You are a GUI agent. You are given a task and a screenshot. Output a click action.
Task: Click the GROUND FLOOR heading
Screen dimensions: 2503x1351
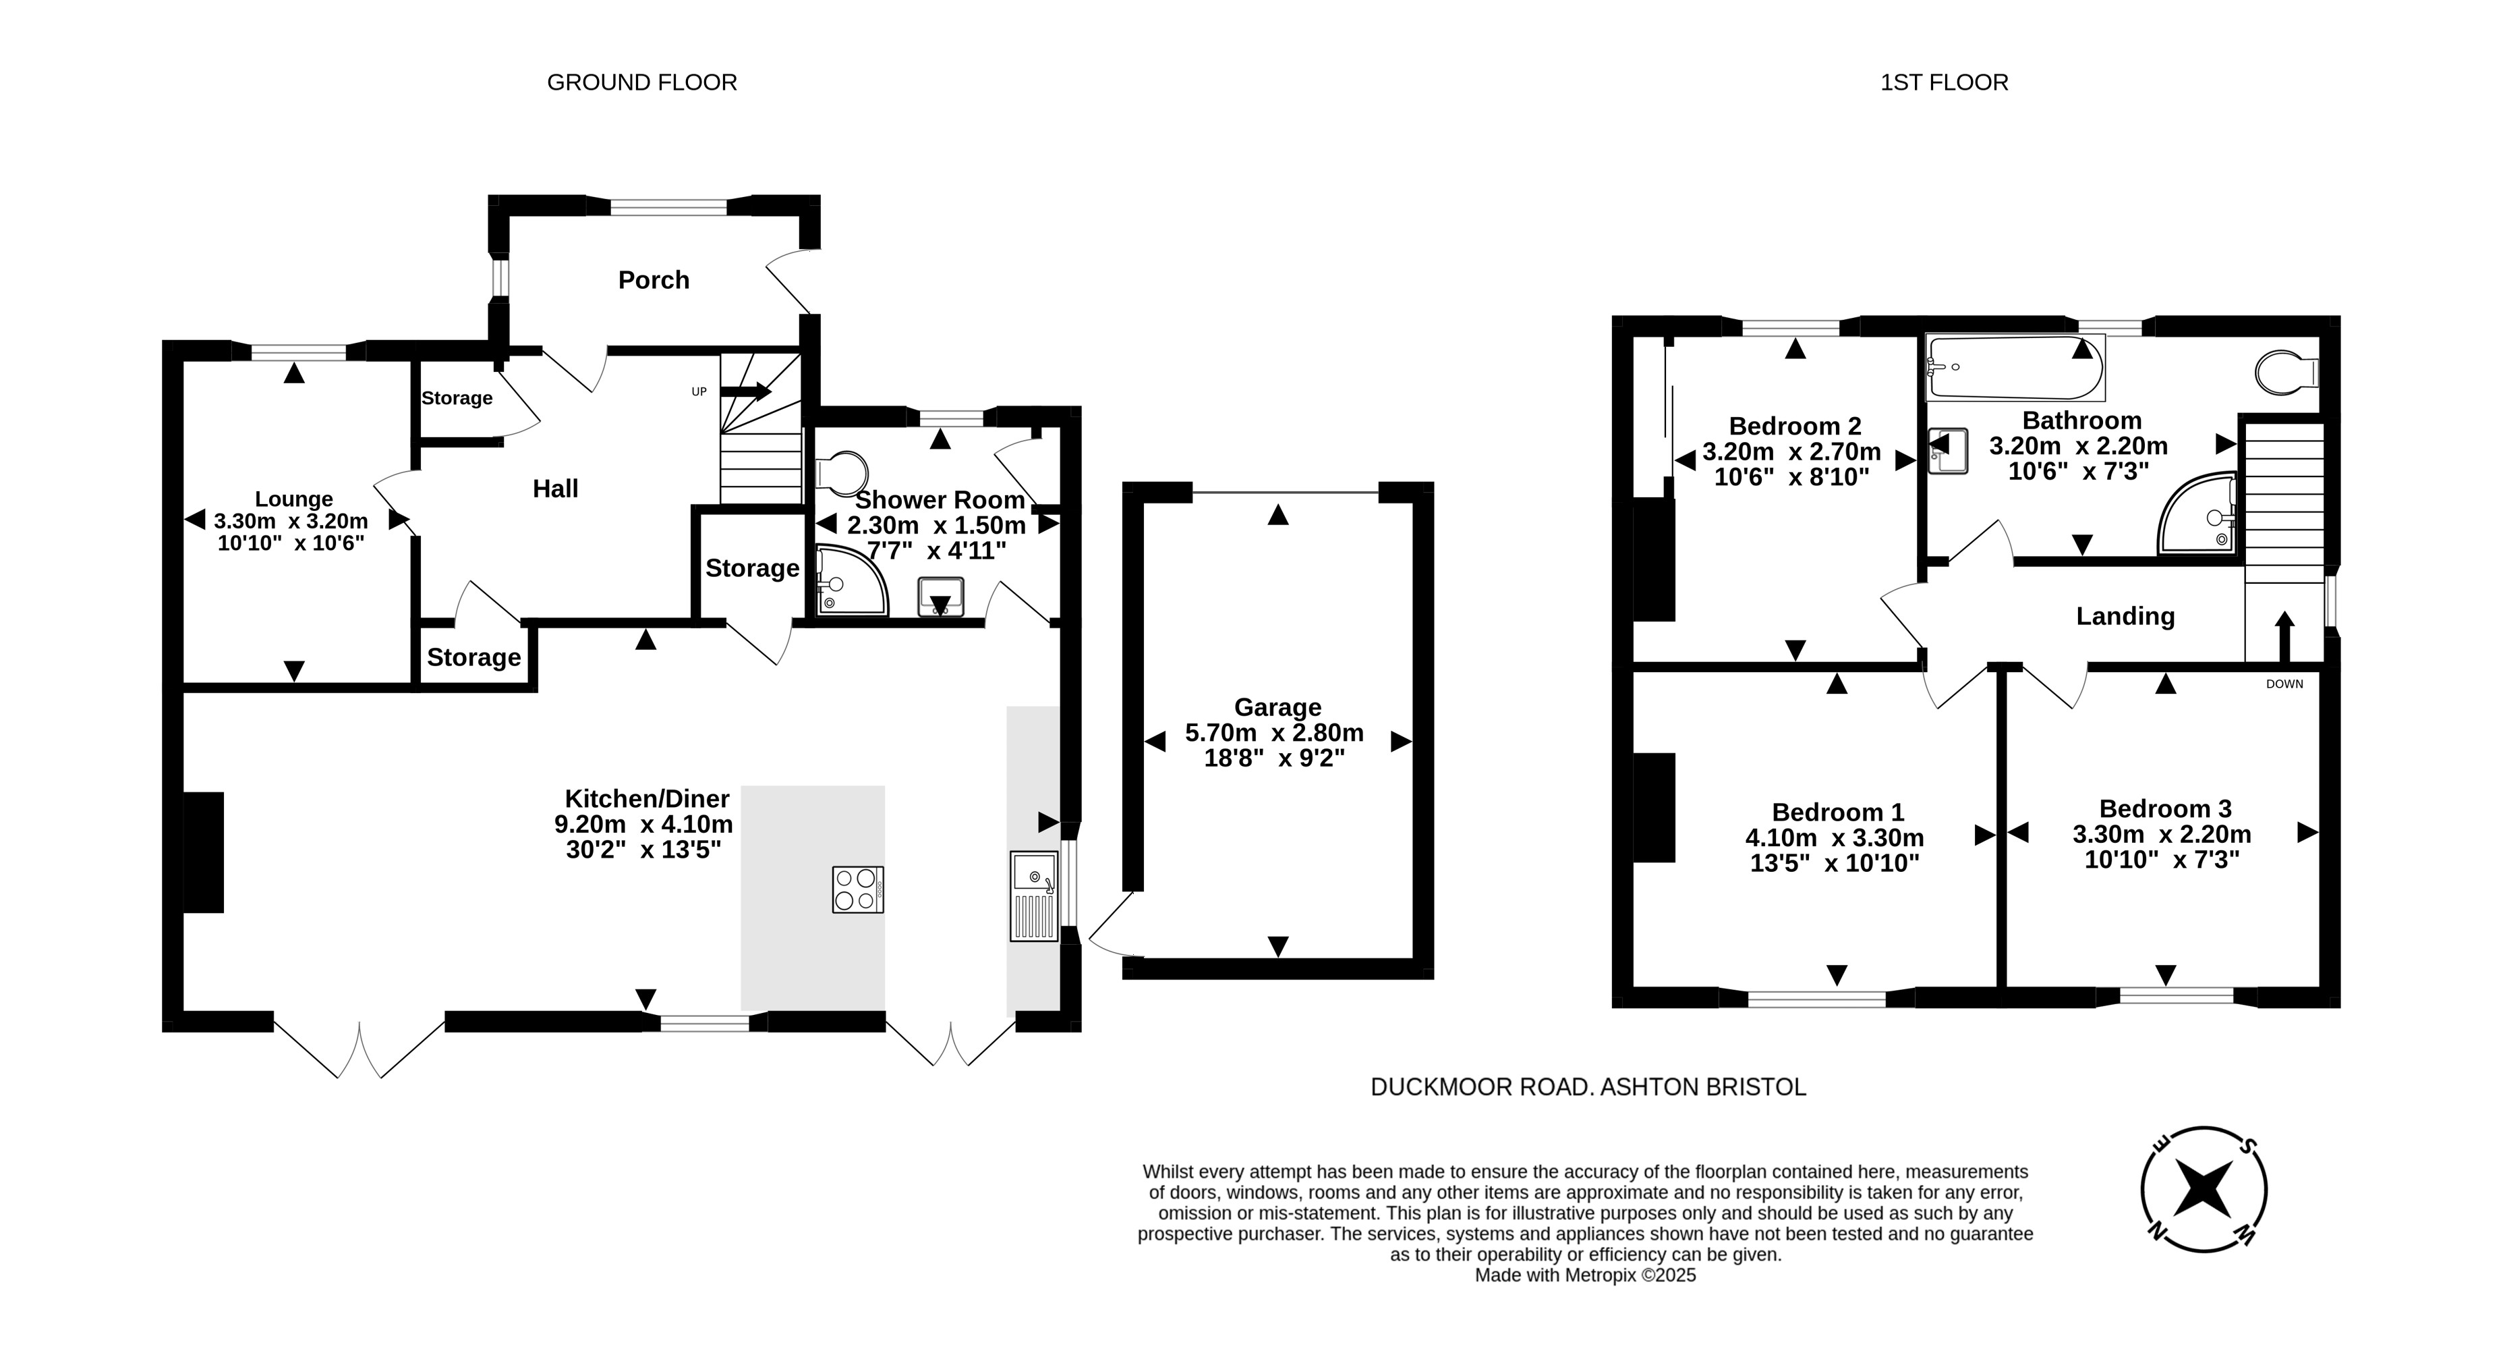tap(641, 82)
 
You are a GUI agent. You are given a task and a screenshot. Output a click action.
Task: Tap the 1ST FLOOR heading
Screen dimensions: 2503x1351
tap(1945, 82)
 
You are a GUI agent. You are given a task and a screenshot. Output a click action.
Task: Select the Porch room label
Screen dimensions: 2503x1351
tap(654, 280)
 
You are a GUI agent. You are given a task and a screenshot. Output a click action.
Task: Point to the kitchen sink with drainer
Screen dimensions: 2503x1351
tap(1034, 896)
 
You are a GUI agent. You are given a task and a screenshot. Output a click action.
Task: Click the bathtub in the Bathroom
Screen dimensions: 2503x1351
tap(2016, 367)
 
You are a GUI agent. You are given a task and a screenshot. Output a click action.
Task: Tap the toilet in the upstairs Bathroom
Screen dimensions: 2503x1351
tap(2287, 373)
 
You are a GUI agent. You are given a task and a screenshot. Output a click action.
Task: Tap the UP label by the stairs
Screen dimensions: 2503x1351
tap(699, 391)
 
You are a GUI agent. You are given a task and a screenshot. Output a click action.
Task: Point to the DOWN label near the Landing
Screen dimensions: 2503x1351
tap(2284, 684)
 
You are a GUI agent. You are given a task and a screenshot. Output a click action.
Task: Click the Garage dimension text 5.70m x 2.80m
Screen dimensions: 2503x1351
tap(1274, 733)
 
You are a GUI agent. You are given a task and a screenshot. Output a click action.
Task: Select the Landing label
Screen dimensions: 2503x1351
tap(2125, 616)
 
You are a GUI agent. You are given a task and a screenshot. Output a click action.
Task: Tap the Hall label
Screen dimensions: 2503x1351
tap(556, 489)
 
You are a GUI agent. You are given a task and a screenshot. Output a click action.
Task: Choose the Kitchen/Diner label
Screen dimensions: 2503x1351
tap(647, 799)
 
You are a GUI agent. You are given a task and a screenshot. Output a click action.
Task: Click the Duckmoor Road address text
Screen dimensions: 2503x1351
tap(1588, 1088)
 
